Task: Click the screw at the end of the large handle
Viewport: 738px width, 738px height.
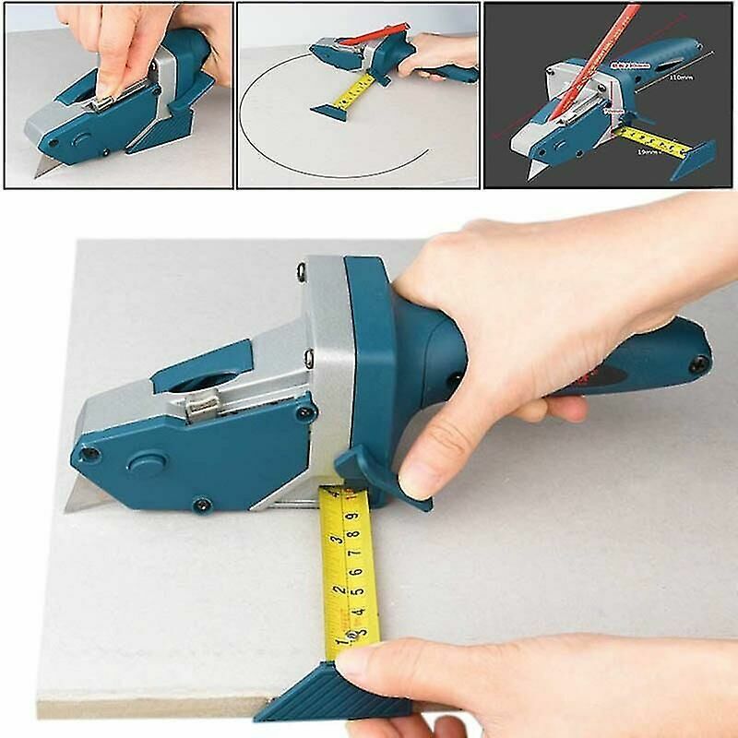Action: coord(704,363)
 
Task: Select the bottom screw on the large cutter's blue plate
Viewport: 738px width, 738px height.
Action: coord(200,504)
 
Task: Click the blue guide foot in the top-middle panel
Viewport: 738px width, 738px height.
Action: coord(327,111)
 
